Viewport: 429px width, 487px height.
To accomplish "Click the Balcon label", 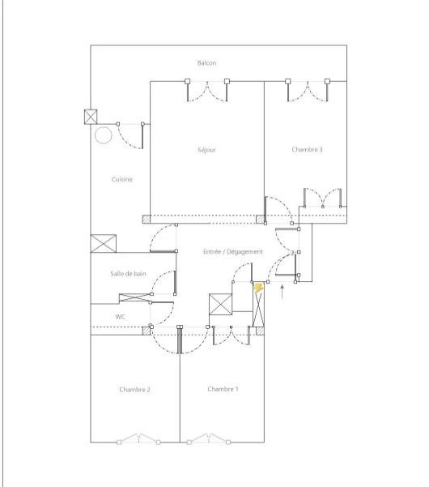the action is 206,63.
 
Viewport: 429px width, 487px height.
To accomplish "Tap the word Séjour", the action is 206,150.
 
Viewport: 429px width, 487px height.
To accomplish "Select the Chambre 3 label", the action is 307,149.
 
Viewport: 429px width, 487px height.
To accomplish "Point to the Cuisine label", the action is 122,179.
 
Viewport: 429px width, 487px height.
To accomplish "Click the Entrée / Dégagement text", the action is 233,251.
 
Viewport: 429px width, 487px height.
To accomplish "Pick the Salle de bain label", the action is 128,274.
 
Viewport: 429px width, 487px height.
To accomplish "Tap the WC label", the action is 121,317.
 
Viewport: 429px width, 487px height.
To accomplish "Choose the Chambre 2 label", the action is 134,390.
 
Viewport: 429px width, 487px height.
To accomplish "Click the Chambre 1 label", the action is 223,389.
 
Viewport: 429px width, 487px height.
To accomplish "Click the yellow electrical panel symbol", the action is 258,288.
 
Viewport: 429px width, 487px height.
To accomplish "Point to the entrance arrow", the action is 282,292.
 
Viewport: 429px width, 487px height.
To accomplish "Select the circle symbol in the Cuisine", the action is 103,135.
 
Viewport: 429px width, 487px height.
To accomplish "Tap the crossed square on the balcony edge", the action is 91,117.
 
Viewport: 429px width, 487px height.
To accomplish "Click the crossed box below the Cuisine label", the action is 104,243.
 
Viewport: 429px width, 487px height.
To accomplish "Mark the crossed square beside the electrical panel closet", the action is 220,305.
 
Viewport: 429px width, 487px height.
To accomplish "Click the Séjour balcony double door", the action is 207,91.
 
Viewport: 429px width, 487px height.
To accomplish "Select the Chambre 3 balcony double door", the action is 308,91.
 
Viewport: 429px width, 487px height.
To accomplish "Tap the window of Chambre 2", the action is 138,439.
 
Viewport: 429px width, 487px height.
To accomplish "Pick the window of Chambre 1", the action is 209,439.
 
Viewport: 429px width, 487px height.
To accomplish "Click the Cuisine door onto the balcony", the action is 130,135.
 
